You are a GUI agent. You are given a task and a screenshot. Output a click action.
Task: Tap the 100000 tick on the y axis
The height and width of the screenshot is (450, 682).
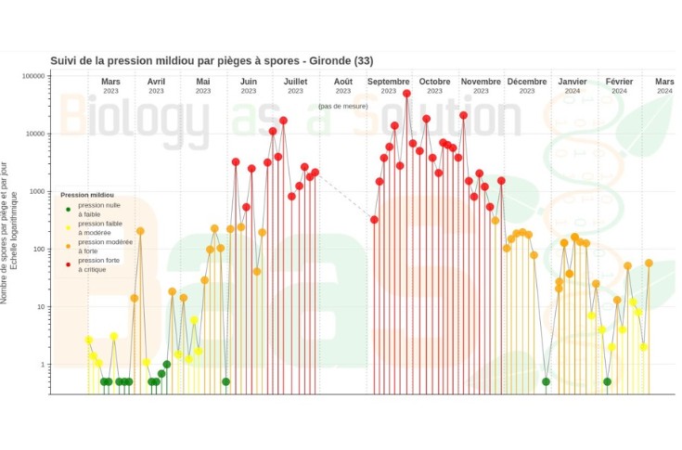pyautogui.click(x=34, y=76)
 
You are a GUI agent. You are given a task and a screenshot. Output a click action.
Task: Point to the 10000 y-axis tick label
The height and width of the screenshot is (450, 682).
pyautogui.click(x=36, y=134)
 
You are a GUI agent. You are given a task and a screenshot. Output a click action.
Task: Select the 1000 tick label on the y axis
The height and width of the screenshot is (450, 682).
pyautogui.click(x=38, y=191)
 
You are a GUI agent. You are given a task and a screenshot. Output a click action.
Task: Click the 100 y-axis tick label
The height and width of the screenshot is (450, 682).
pyautogui.click(x=40, y=249)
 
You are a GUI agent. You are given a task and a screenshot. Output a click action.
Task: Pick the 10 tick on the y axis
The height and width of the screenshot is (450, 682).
pyautogui.click(x=42, y=306)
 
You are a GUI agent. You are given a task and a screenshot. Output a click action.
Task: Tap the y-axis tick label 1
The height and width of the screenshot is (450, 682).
pyautogui.click(x=44, y=365)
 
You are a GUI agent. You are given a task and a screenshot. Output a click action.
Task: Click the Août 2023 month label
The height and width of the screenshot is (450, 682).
pyautogui.click(x=343, y=85)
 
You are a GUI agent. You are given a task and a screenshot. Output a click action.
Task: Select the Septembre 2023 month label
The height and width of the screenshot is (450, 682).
pyautogui.click(x=389, y=85)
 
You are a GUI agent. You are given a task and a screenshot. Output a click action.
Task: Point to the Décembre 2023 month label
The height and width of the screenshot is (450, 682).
pyautogui.click(x=527, y=85)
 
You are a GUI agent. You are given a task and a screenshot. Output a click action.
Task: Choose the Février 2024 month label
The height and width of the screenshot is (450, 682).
pyautogui.click(x=619, y=85)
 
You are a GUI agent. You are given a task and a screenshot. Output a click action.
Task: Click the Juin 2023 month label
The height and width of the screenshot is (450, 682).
pyautogui.click(x=249, y=85)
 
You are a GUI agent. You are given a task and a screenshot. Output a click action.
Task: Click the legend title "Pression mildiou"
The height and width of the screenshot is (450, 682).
pyautogui.click(x=88, y=196)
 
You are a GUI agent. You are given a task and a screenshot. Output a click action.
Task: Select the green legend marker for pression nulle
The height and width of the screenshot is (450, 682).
pyautogui.click(x=68, y=208)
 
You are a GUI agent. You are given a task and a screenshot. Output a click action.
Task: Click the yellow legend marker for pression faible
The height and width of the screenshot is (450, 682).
pyautogui.click(x=68, y=225)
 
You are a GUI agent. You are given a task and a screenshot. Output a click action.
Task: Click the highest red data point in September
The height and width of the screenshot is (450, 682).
pyautogui.click(x=406, y=94)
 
